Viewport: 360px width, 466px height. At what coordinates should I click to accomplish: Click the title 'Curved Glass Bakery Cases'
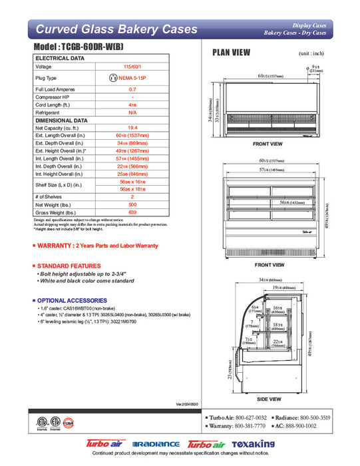116,29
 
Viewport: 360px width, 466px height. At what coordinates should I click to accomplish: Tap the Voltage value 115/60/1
132,67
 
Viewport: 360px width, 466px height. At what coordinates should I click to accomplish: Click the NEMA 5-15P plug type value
136,78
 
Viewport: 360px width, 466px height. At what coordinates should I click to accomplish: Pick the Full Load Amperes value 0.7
132,89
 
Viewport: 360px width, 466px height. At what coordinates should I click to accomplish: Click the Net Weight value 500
132,206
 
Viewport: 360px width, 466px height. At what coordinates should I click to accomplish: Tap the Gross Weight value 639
132,212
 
